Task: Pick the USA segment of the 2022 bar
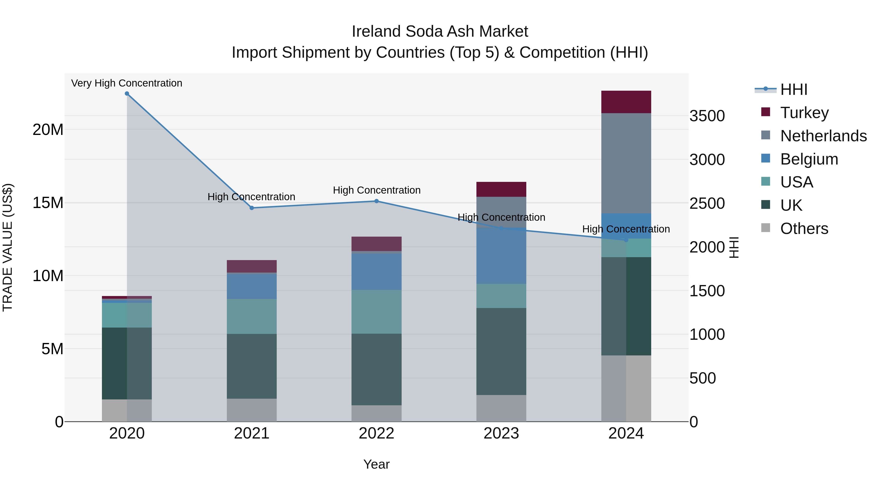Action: coord(376,312)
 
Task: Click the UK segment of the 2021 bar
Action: coord(252,366)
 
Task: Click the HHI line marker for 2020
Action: coord(127,94)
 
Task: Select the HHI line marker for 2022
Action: coord(376,201)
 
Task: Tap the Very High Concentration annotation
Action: coord(127,83)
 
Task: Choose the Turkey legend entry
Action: coord(804,113)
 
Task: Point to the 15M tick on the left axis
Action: coord(48,203)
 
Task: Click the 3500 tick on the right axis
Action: coord(707,116)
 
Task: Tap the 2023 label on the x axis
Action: coord(501,433)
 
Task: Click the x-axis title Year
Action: coord(376,464)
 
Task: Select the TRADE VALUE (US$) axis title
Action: coord(8,247)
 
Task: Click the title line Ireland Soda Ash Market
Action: coord(440,32)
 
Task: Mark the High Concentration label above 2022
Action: coord(376,190)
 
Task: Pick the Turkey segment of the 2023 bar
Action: coord(501,189)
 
